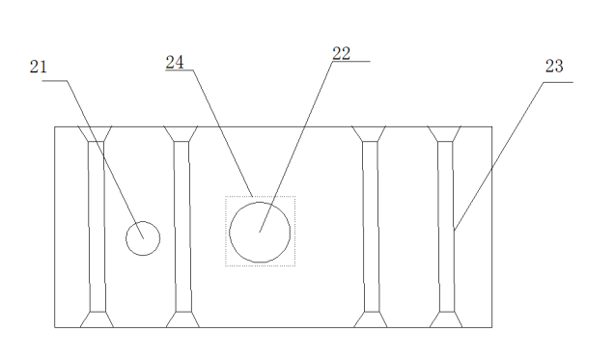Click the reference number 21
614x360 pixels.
point(39,67)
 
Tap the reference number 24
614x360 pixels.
point(175,62)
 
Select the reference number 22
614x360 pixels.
point(342,54)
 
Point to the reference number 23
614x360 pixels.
point(554,67)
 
